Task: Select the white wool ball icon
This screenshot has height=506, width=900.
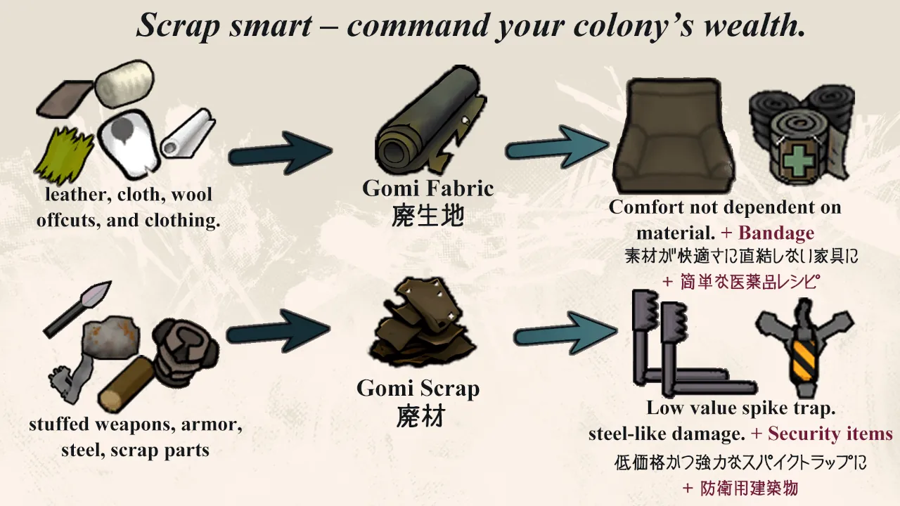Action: (x=124, y=84)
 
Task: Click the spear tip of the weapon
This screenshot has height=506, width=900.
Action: (x=97, y=293)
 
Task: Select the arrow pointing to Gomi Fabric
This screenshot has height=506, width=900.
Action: (x=281, y=153)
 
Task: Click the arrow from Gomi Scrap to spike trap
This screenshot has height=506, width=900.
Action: (x=566, y=333)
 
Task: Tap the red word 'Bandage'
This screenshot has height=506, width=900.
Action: (x=776, y=233)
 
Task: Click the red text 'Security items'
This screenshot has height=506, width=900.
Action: (x=830, y=434)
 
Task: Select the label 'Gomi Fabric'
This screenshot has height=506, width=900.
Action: (x=428, y=188)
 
